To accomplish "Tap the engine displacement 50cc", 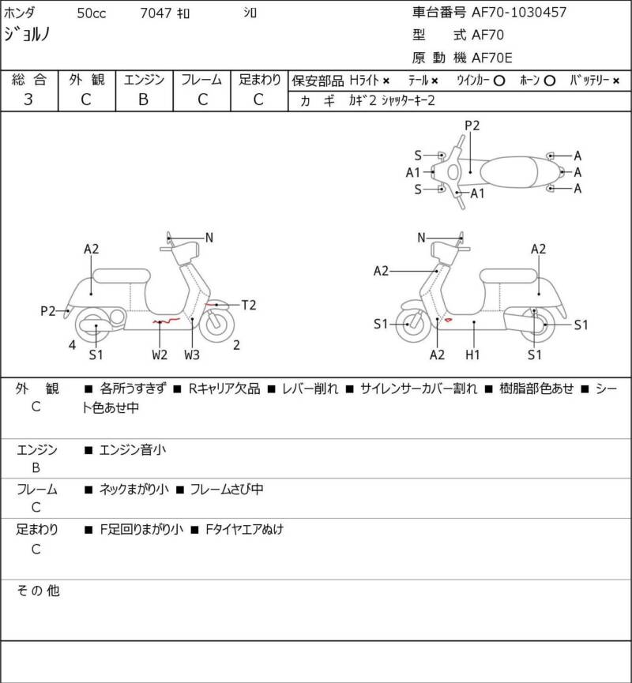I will (x=93, y=13).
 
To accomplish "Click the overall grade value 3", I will (x=28, y=99).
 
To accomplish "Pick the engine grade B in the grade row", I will (x=143, y=99).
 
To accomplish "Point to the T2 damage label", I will (x=248, y=305).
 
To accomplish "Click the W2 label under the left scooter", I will (x=160, y=355).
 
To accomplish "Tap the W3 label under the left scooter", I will (x=192, y=355).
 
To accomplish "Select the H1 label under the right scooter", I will (x=472, y=355).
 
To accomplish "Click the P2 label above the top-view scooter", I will (x=472, y=125).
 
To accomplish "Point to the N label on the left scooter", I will (x=209, y=238).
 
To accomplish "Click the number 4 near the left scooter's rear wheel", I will (x=72, y=344).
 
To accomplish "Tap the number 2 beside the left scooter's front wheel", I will (x=236, y=344).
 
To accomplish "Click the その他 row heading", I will (x=39, y=590).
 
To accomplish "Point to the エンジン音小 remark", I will (x=132, y=450).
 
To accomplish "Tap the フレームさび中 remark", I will (x=226, y=490).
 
